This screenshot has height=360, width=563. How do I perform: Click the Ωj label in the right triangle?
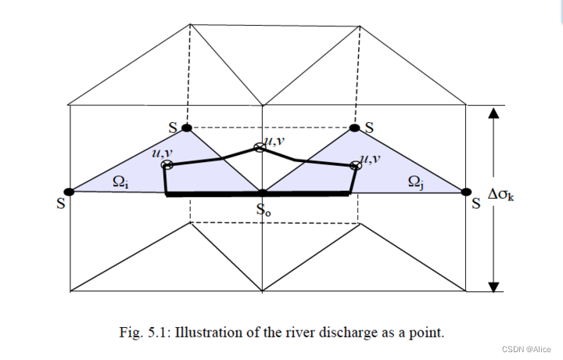pos(416,182)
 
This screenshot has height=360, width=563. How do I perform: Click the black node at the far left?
pos(70,191)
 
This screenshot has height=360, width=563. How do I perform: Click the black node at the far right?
pos(468,191)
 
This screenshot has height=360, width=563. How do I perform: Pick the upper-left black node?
pos(187,128)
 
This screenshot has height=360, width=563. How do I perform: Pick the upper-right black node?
pos(354,128)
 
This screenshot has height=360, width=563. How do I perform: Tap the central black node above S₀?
pos(262,192)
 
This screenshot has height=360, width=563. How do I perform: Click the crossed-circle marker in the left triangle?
pos(167,165)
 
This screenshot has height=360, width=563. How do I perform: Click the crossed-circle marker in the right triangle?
pos(355,165)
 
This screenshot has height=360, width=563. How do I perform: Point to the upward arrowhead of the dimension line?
pos(493,113)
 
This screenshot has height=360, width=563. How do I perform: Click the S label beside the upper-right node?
pos(369,126)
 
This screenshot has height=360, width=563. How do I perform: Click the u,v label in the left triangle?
pos(163,153)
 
